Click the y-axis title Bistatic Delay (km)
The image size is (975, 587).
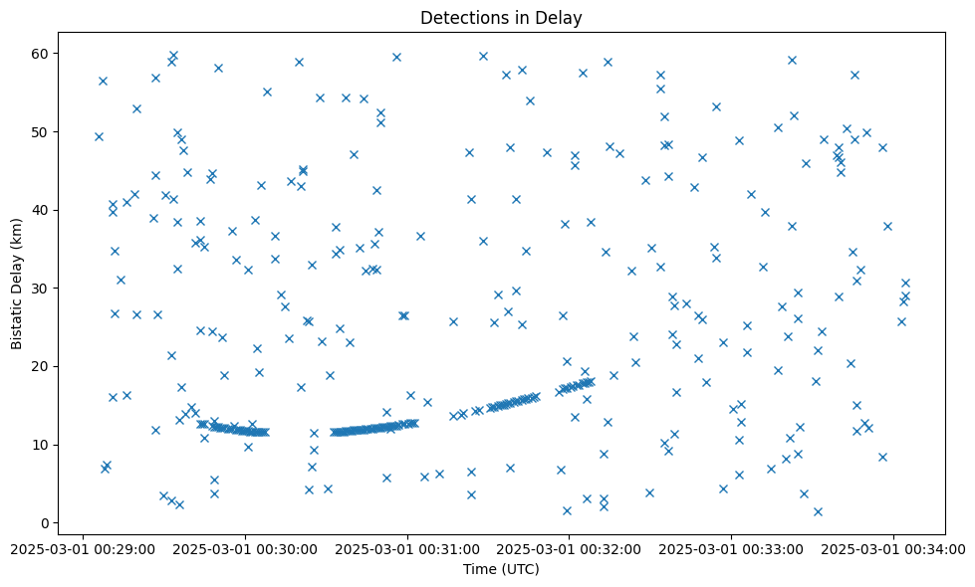17,283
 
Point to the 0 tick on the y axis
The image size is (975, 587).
45,523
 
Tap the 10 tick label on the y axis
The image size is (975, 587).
41,445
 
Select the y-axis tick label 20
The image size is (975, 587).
41,366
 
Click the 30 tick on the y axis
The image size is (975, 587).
41,289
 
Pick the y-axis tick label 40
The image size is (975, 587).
41,210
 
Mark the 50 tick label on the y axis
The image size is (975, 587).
41,131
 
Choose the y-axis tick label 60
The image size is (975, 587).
41,53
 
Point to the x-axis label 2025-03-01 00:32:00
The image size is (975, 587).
569,548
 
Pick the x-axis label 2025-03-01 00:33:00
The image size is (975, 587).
731,548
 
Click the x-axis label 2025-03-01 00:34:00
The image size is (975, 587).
893,548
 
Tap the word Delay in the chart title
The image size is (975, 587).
561,17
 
